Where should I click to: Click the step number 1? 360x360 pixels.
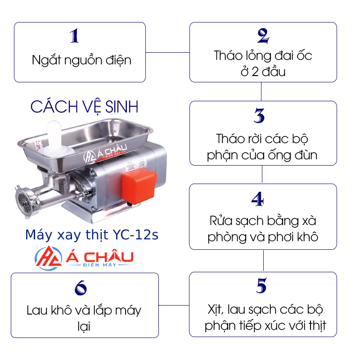point(74,36)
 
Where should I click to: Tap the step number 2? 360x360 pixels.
point(263,36)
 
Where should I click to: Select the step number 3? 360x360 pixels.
point(259,116)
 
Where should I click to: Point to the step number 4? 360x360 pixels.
point(257,199)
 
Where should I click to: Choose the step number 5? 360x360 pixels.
point(261,286)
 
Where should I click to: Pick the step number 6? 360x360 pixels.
point(81,288)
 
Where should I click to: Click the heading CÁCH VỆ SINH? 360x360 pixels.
point(84,107)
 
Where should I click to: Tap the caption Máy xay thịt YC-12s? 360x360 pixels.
point(92,235)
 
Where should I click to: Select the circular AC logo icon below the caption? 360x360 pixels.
point(48,258)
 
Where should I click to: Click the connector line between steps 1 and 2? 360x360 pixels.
point(167,52)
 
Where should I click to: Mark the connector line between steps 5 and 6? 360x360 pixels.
point(174,306)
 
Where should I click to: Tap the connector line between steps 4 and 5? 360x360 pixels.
point(263,261)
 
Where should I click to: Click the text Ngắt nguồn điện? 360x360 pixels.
point(81,60)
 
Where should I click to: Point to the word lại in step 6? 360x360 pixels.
point(84,326)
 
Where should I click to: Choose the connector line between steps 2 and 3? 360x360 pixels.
point(261,92)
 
